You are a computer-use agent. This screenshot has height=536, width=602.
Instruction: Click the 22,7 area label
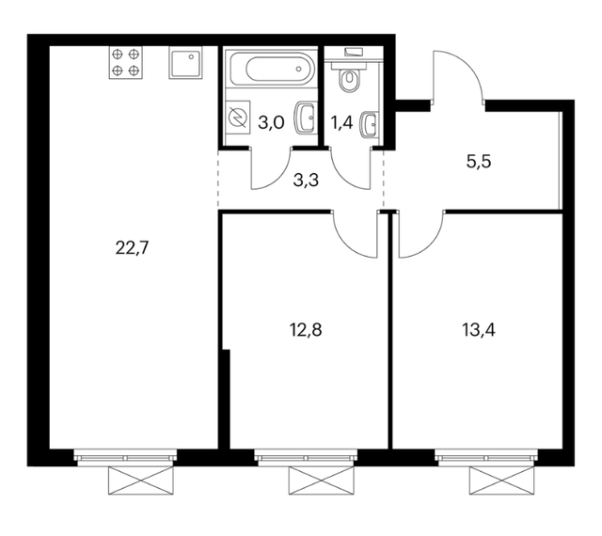click(x=132, y=248)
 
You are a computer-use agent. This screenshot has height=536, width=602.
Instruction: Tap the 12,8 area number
click(x=306, y=330)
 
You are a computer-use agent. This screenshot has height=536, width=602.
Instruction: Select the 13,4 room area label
click(x=479, y=330)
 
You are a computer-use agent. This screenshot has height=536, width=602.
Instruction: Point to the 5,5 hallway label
click(x=479, y=162)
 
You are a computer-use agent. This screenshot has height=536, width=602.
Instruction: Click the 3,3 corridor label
click(x=306, y=180)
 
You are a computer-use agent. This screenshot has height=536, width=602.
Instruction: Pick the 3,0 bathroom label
click(x=271, y=123)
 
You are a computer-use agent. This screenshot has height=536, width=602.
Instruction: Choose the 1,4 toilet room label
click(x=341, y=123)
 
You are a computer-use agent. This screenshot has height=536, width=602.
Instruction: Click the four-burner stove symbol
click(x=125, y=63)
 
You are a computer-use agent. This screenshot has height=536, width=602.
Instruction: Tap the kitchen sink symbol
click(x=185, y=63)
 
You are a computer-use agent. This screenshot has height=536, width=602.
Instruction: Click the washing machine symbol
click(x=238, y=117)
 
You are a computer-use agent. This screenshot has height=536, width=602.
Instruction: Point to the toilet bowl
click(x=349, y=77)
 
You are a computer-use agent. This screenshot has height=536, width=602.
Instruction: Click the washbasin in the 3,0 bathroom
click(x=306, y=118)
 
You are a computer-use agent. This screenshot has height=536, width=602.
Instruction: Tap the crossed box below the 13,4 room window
click(x=501, y=481)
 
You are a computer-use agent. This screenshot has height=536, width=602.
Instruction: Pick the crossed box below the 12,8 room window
click(x=322, y=481)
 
